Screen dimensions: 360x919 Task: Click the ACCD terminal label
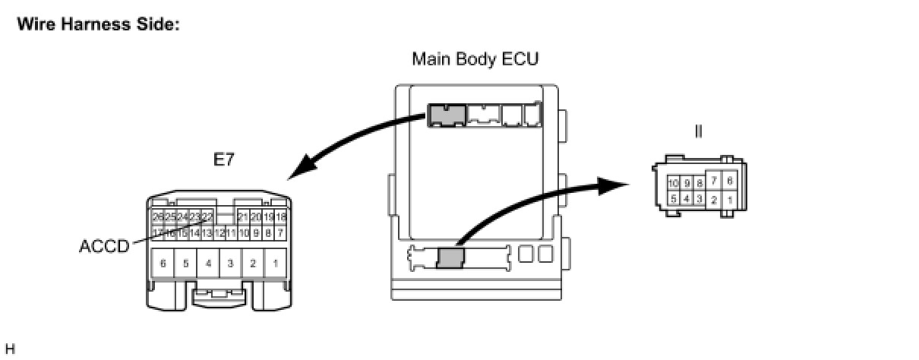(x=103, y=247)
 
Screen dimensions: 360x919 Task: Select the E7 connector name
(x=223, y=160)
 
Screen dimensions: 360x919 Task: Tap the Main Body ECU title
(x=475, y=58)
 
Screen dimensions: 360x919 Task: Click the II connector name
(x=698, y=131)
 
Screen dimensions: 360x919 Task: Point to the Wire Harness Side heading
(x=98, y=24)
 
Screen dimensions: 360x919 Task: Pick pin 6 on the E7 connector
(x=163, y=264)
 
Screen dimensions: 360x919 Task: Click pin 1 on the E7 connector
(x=275, y=264)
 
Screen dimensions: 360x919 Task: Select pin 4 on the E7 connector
(x=208, y=264)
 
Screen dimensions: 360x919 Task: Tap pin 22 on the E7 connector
(x=207, y=217)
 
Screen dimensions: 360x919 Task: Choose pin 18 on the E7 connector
(x=280, y=217)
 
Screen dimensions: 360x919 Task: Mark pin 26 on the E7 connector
(x=158, y=217)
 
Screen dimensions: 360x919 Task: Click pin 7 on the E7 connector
(x=280, y=232)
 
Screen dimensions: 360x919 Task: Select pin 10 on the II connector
(x=674, y=183)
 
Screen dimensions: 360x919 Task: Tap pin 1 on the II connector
(x=729, y=200)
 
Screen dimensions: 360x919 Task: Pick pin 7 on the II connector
(x=714, y=181)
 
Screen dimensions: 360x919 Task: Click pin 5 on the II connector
(x=674, y=199)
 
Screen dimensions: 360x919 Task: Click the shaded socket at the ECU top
(x=446, y=115)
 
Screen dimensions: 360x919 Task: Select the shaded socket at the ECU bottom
(x=450, y=257)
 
